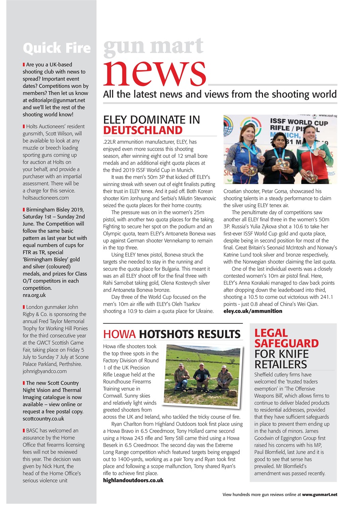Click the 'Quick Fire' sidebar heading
pyautogui.click(x=57, y=48)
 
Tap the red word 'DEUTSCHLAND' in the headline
pyautogui.click(x=143, y=130)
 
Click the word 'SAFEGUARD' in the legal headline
pyautogui.click(x=286, y=343)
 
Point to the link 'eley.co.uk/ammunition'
pyautogui.click(x=252, y=311)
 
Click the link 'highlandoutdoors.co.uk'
pyautogui.click(x=133, y=480)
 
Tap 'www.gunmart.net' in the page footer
pyautogui.click(x=319, y=494)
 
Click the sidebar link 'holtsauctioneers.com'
pyautogui.click(x=46, y=198)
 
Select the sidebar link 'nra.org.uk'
pyautogui.click(x=34, y=295)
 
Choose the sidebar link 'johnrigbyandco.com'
pyautogui.click(x=45, y=371)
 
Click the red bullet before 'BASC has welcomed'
pyautogui.click(x=24, y=431)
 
